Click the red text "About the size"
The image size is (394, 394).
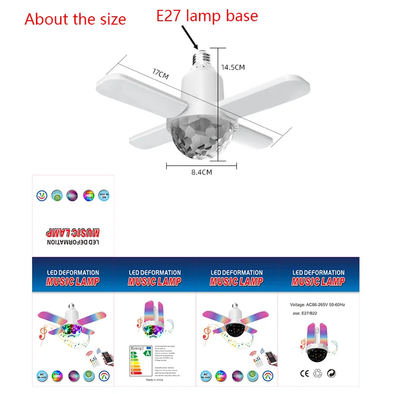(x=75, y=19)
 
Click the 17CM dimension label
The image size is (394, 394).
(x=161, y=75)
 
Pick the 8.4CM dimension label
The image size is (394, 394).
(x=201, y=172)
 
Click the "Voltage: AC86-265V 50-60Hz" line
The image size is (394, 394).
(x=318, y=305)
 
